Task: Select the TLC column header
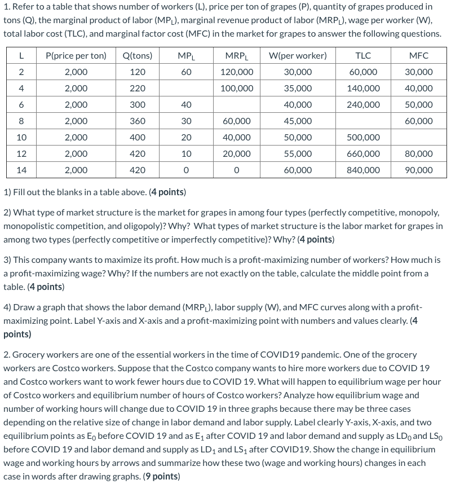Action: coord(363,55)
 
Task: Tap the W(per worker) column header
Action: coord(298,55)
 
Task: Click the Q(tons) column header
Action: coord(137,55)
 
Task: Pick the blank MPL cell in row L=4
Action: coord(186,89)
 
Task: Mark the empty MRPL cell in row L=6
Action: coord(236,105)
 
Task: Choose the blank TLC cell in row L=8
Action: coord(363,121)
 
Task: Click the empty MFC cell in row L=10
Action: coord(419,138)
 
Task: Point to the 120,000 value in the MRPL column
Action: coord(236,72)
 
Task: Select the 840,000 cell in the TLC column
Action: coord(363,170)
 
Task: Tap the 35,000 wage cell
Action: coord(298,89)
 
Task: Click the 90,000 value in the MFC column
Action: coord(419,170)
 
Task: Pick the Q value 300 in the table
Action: coord(137,105)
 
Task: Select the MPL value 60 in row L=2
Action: coord(186,72)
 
